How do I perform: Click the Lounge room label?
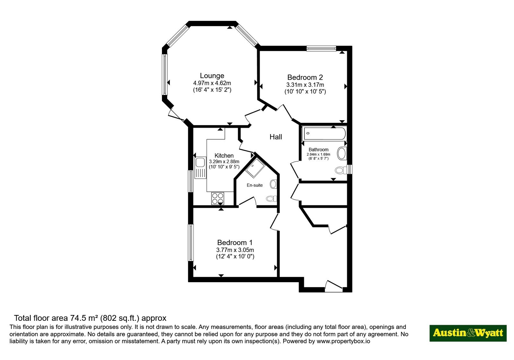tap(212, 76)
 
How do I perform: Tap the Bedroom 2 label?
tap(305, 77)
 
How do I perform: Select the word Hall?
tap(276, 137)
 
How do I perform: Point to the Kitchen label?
tap(224, 156)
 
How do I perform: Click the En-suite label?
tap(255, 185)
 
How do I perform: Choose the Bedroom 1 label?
tap(235, 242)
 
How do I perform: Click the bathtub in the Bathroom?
tap(325, 134)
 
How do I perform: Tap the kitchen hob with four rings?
tap(217, 198)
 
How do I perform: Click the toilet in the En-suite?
tap(271, 198)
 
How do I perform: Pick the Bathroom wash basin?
tap(342, 153)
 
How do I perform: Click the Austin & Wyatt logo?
tap(468, 333)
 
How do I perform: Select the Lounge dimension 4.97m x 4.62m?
tap(212, 83)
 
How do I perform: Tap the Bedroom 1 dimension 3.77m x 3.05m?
tap(235, 250)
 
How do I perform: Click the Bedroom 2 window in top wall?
tap(321, 48)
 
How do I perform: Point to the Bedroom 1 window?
tap(191, 242)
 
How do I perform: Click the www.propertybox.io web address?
tap(343, 341)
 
